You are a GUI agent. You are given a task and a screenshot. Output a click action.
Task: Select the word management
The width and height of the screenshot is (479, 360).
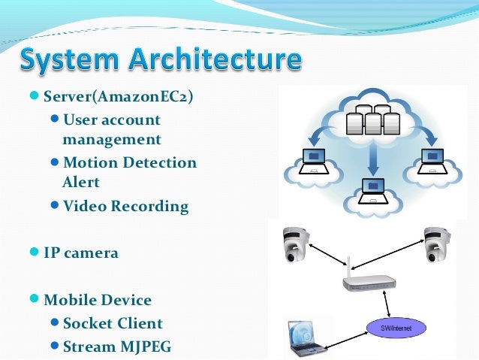pos(112,139)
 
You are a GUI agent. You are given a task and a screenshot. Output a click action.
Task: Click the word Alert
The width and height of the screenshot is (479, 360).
pos(81,182)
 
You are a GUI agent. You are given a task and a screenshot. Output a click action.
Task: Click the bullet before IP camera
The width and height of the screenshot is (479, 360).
pos(34,252)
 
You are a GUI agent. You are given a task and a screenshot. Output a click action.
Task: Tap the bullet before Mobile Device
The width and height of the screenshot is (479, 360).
pos(34,300)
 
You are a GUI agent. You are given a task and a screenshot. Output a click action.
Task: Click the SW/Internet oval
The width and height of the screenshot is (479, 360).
pos(396,328)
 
